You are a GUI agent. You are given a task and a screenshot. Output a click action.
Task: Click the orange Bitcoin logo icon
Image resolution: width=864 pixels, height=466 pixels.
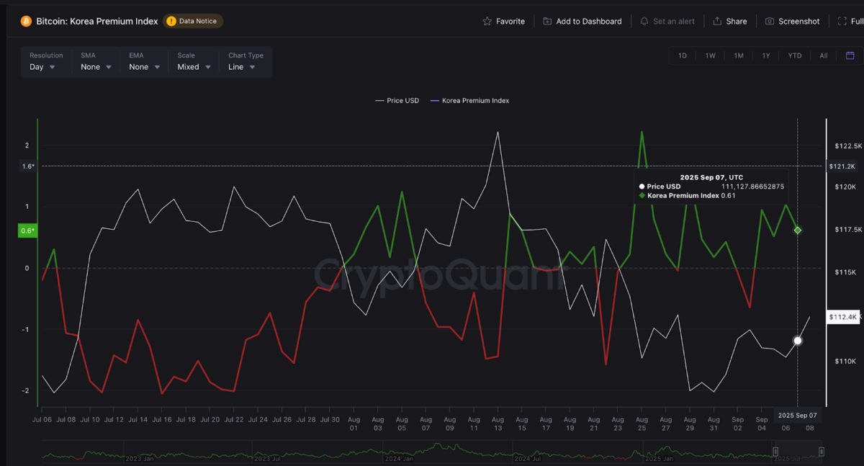coord(27,22)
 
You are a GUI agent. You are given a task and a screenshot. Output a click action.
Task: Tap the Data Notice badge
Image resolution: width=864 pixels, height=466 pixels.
coord(193,22)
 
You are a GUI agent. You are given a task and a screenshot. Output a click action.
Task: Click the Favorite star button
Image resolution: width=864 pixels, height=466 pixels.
coord(503,22)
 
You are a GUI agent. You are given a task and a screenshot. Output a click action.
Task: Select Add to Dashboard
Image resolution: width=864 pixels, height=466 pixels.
coord(582,22)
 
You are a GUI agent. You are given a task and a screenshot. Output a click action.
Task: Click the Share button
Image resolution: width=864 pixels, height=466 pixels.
coord(729,22)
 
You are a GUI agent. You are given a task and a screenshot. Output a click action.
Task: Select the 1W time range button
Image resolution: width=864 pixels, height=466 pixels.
coord(710,55)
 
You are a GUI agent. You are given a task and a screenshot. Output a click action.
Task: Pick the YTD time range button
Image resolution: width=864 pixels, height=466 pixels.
coord(794,55)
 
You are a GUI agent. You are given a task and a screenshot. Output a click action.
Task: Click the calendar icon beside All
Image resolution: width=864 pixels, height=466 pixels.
coord(850,55)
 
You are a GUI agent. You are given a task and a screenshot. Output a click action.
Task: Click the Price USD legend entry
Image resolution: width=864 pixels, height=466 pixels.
coord(397,101)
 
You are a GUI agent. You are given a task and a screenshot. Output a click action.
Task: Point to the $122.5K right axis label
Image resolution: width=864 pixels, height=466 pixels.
coord(847,146)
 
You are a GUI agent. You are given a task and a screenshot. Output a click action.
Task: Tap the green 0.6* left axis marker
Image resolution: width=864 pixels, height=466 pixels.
coord(28,231)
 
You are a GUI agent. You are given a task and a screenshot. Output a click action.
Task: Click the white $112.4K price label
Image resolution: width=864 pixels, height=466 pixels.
coord(843,317)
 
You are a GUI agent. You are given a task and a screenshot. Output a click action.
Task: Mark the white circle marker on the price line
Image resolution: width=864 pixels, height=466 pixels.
coord(798,341)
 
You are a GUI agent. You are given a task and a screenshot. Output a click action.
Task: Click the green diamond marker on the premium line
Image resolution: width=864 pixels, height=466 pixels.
coord(798,230)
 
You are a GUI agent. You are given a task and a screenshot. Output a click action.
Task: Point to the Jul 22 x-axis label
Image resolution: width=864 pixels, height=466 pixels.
coord(233,419)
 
